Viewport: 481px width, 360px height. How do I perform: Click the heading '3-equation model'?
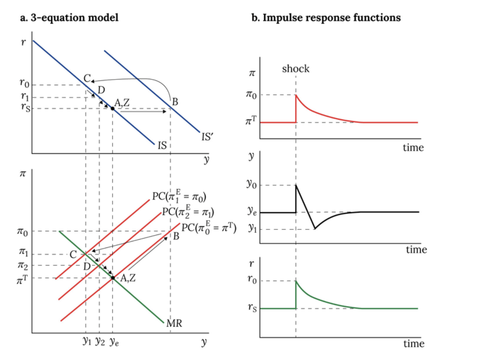point(74,18)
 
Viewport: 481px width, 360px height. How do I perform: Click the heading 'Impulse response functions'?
point(331,18)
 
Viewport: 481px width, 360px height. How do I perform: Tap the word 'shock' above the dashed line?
point(295,69)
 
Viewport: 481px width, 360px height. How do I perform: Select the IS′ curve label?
point(207,137)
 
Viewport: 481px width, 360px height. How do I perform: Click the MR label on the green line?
point(174,323)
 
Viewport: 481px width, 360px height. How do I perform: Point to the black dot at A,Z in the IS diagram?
point(112,109)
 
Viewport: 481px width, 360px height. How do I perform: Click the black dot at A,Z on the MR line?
point(113,278)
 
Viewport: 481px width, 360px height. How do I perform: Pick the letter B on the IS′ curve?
point(175,102)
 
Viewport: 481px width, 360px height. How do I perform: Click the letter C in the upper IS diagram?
point(87,78)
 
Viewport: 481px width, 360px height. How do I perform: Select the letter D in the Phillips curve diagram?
point(87,266)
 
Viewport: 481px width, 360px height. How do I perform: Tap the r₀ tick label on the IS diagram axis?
point(24,83)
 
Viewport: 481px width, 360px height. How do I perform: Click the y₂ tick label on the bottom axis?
point(100,341)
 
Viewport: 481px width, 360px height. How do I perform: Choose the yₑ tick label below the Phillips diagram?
point(114,342)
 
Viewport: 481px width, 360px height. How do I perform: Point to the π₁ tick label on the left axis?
point(23,252)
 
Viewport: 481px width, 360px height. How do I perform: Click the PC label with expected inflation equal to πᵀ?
point(209,228)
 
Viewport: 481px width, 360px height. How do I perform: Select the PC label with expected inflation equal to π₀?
point(179,197)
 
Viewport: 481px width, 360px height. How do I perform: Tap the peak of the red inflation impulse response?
point(296,95)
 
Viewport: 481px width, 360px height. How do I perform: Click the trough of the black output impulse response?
point(315,229)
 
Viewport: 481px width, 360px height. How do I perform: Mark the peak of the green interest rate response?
point(296,281)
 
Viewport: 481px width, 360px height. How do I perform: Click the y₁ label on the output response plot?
point(252,229)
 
